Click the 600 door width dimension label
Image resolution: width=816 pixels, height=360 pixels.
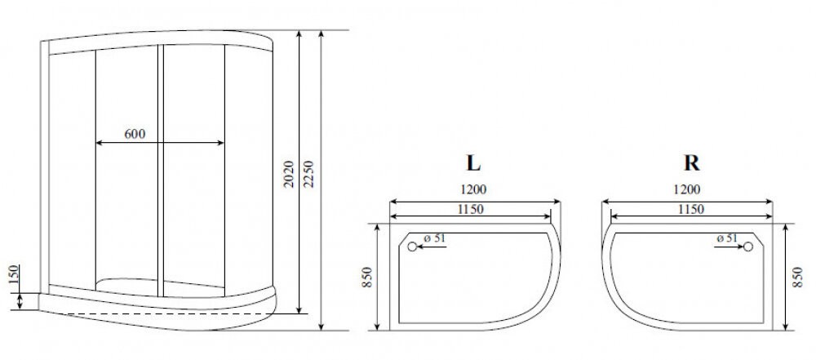(x=135, y=133)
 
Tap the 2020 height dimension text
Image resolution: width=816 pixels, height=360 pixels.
(x=290, y=174)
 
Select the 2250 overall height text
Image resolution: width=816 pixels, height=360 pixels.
(x=308, y=174)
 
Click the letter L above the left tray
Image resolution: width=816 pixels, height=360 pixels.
(x=473, y=163)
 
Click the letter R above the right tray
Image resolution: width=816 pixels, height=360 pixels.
(x=691, y=163)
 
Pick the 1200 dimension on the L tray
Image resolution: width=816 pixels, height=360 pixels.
(x=473, y=189)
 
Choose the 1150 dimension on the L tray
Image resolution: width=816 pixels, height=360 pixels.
(x=471, y=210)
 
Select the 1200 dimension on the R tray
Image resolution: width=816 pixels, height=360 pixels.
(x=687, y=189)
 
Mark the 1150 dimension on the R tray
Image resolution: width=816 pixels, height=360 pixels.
(x=690, y=210)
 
